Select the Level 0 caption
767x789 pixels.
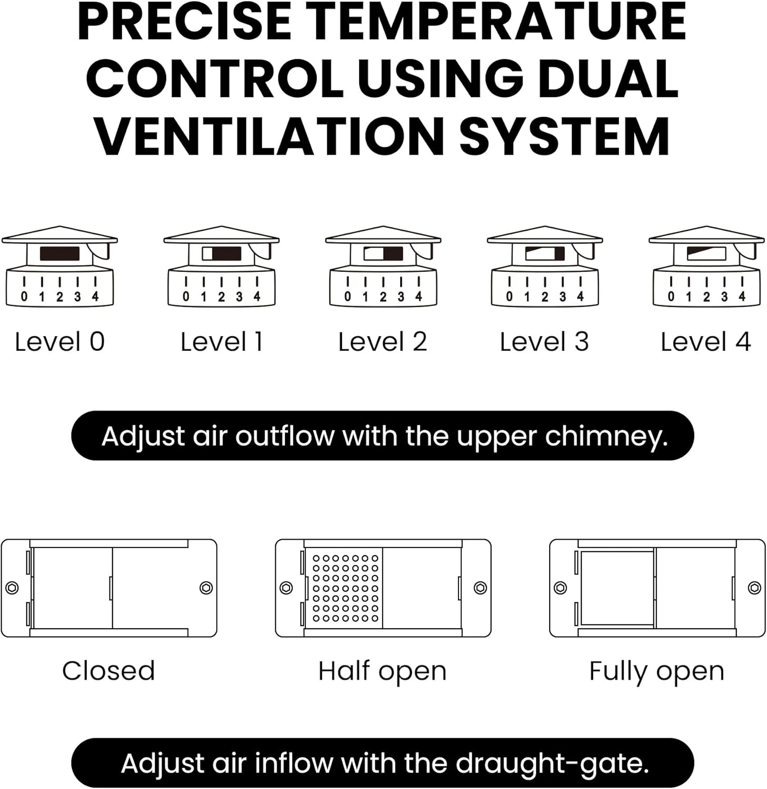[59, 342]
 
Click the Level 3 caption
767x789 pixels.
[544, 342]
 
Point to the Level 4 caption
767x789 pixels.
[705, 342]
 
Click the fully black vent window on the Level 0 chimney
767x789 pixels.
[59, 254]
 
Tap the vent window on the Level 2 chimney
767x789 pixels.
[383, 254]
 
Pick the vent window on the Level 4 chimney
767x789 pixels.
[706, 254]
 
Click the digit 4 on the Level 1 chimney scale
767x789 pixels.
[257, 297]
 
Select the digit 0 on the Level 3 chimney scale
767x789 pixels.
[509, 297]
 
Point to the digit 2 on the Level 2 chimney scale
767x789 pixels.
[383, 297]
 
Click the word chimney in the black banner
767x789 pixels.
[606, 437]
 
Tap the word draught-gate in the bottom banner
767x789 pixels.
[552, 764]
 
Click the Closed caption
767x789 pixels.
[108, 671]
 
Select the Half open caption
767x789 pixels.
[383, 672]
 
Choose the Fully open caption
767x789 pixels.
[656, 672]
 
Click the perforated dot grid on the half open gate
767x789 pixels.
[345, 588]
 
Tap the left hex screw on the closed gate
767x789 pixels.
[12, 588]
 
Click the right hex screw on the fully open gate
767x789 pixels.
[754, 588]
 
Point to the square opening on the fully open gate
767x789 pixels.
[617, 588]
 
